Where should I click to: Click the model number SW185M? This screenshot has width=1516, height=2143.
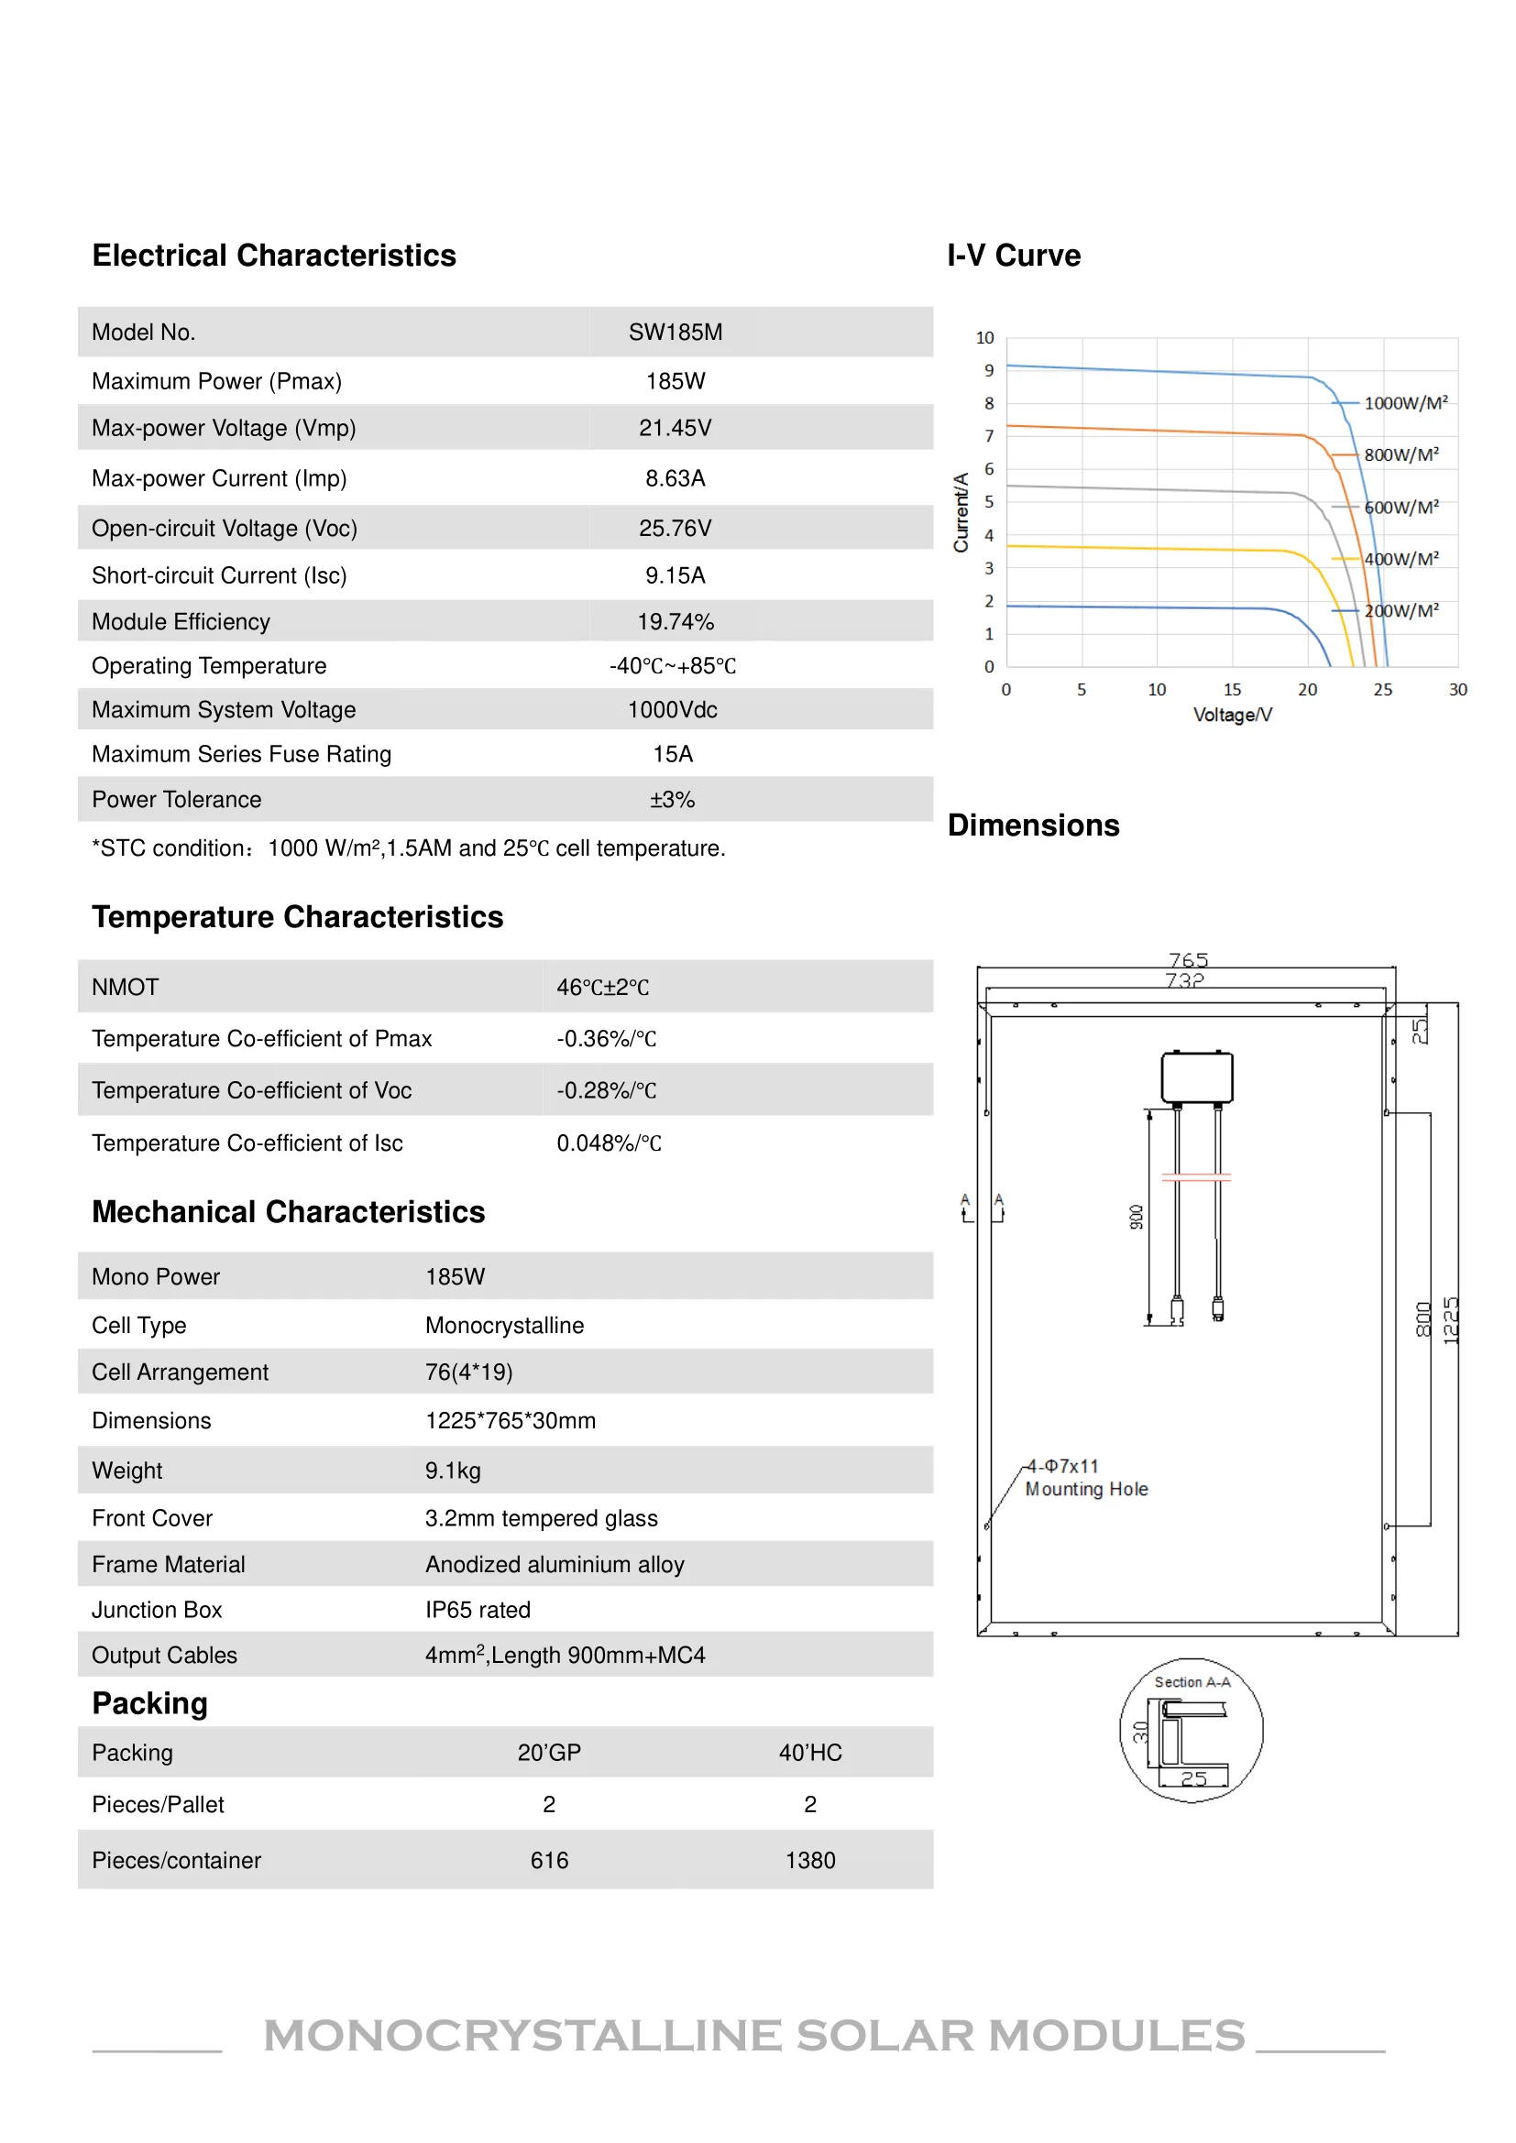click(x=675, y=333)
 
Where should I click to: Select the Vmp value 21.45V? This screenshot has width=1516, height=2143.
click(x=675, y=429)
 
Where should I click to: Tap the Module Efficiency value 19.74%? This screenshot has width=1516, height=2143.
click(x=675, y=621)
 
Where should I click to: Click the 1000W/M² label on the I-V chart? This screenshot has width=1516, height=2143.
click(x=1406, y=403)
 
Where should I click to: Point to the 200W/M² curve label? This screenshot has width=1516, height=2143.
click(x=1401, y=610)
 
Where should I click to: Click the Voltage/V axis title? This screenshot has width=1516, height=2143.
click(x=1232, y=715)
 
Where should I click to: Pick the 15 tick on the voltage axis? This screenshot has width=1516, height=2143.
click(x=1232, y=690)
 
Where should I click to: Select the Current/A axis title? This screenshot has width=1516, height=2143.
click(x=961, y=512)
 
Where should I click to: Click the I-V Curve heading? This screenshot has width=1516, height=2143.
click(x=1014, y=256)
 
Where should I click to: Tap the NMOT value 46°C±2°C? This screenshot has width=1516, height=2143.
click(x=603, y=988)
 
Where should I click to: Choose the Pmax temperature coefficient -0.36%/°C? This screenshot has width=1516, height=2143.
click(x=607, y=1039)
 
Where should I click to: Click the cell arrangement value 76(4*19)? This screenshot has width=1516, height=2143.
click(x=468, y=1372)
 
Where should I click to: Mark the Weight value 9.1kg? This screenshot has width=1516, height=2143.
click(x=453, y=1471)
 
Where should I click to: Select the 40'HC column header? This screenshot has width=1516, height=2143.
click(x=810, y=1753)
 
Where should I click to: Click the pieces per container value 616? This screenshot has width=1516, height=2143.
click(x=549, y=1860)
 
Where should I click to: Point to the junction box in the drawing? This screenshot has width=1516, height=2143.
click(x=1197, y=1077)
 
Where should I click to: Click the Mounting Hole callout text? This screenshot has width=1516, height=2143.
click(x=1087, y=1490)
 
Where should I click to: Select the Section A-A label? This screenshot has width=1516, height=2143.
click(x=1192, y=1682)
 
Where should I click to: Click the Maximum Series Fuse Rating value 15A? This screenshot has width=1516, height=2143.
click(x=672, y=754)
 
